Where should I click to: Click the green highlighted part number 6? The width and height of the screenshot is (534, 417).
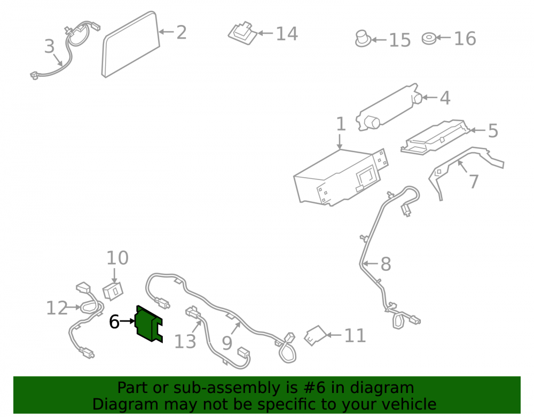pyautogui.click(x=148, y=324)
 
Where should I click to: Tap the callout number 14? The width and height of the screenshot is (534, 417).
pyautogui.click(x=287, y=34)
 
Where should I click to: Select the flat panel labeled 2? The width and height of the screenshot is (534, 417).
pyautogui.click(x=131, y=44)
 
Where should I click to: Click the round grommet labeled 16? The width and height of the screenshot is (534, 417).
pyautogui.click(x=429, y=38)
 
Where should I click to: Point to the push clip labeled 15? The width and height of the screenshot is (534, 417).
pyautogui.click(x=363, y=38)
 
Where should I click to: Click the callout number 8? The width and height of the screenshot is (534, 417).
pyautogui.click(x=386, y=264)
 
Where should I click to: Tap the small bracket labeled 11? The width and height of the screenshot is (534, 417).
pyautogui.click(x=316, y=336)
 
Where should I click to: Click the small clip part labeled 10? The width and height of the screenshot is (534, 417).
pyautogui.click(x=113, y=291)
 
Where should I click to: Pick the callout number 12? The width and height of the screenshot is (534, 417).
pyautogui.click(x=57, y=308)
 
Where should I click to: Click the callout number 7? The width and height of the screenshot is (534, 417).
pyautogui.click(x=474, y=182)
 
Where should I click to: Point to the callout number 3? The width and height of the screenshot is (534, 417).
pyautogui.click(x=49, y=46)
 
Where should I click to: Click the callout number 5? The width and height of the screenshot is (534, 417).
pyautogui.click(x=493, y=131)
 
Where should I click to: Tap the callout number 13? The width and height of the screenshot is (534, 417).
pyautogui.click(x=185, y=341)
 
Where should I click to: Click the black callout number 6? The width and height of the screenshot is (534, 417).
pyautogui.click(x=114, y=321)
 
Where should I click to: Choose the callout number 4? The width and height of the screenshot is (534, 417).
pyautogui.click(x=445, y=98)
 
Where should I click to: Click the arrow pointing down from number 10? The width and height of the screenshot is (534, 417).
pyautogui.click(x=114, y=275)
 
